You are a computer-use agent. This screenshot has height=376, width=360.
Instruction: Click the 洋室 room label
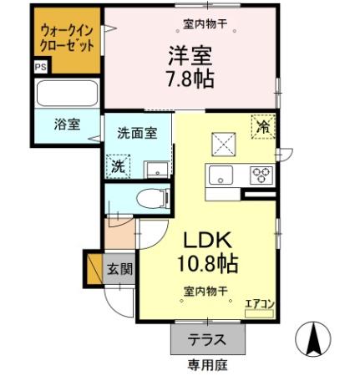tap(191, 55)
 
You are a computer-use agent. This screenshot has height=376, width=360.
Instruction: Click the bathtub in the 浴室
tap(67, 93)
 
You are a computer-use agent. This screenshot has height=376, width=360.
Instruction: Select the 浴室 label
tap(67, 124)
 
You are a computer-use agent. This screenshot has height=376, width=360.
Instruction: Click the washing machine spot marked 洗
tap(118, 165)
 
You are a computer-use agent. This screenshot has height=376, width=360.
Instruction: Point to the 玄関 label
tap(118, 269)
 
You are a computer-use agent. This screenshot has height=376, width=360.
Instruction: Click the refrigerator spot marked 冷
tap(263, 127)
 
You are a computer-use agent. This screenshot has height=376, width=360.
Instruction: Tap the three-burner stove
tap(262, 175)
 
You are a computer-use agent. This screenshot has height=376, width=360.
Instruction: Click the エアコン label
tap(258, 304)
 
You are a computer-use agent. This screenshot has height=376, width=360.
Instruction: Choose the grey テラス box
tap(209, 340)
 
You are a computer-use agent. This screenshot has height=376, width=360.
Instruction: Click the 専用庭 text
tap(208, 365)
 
